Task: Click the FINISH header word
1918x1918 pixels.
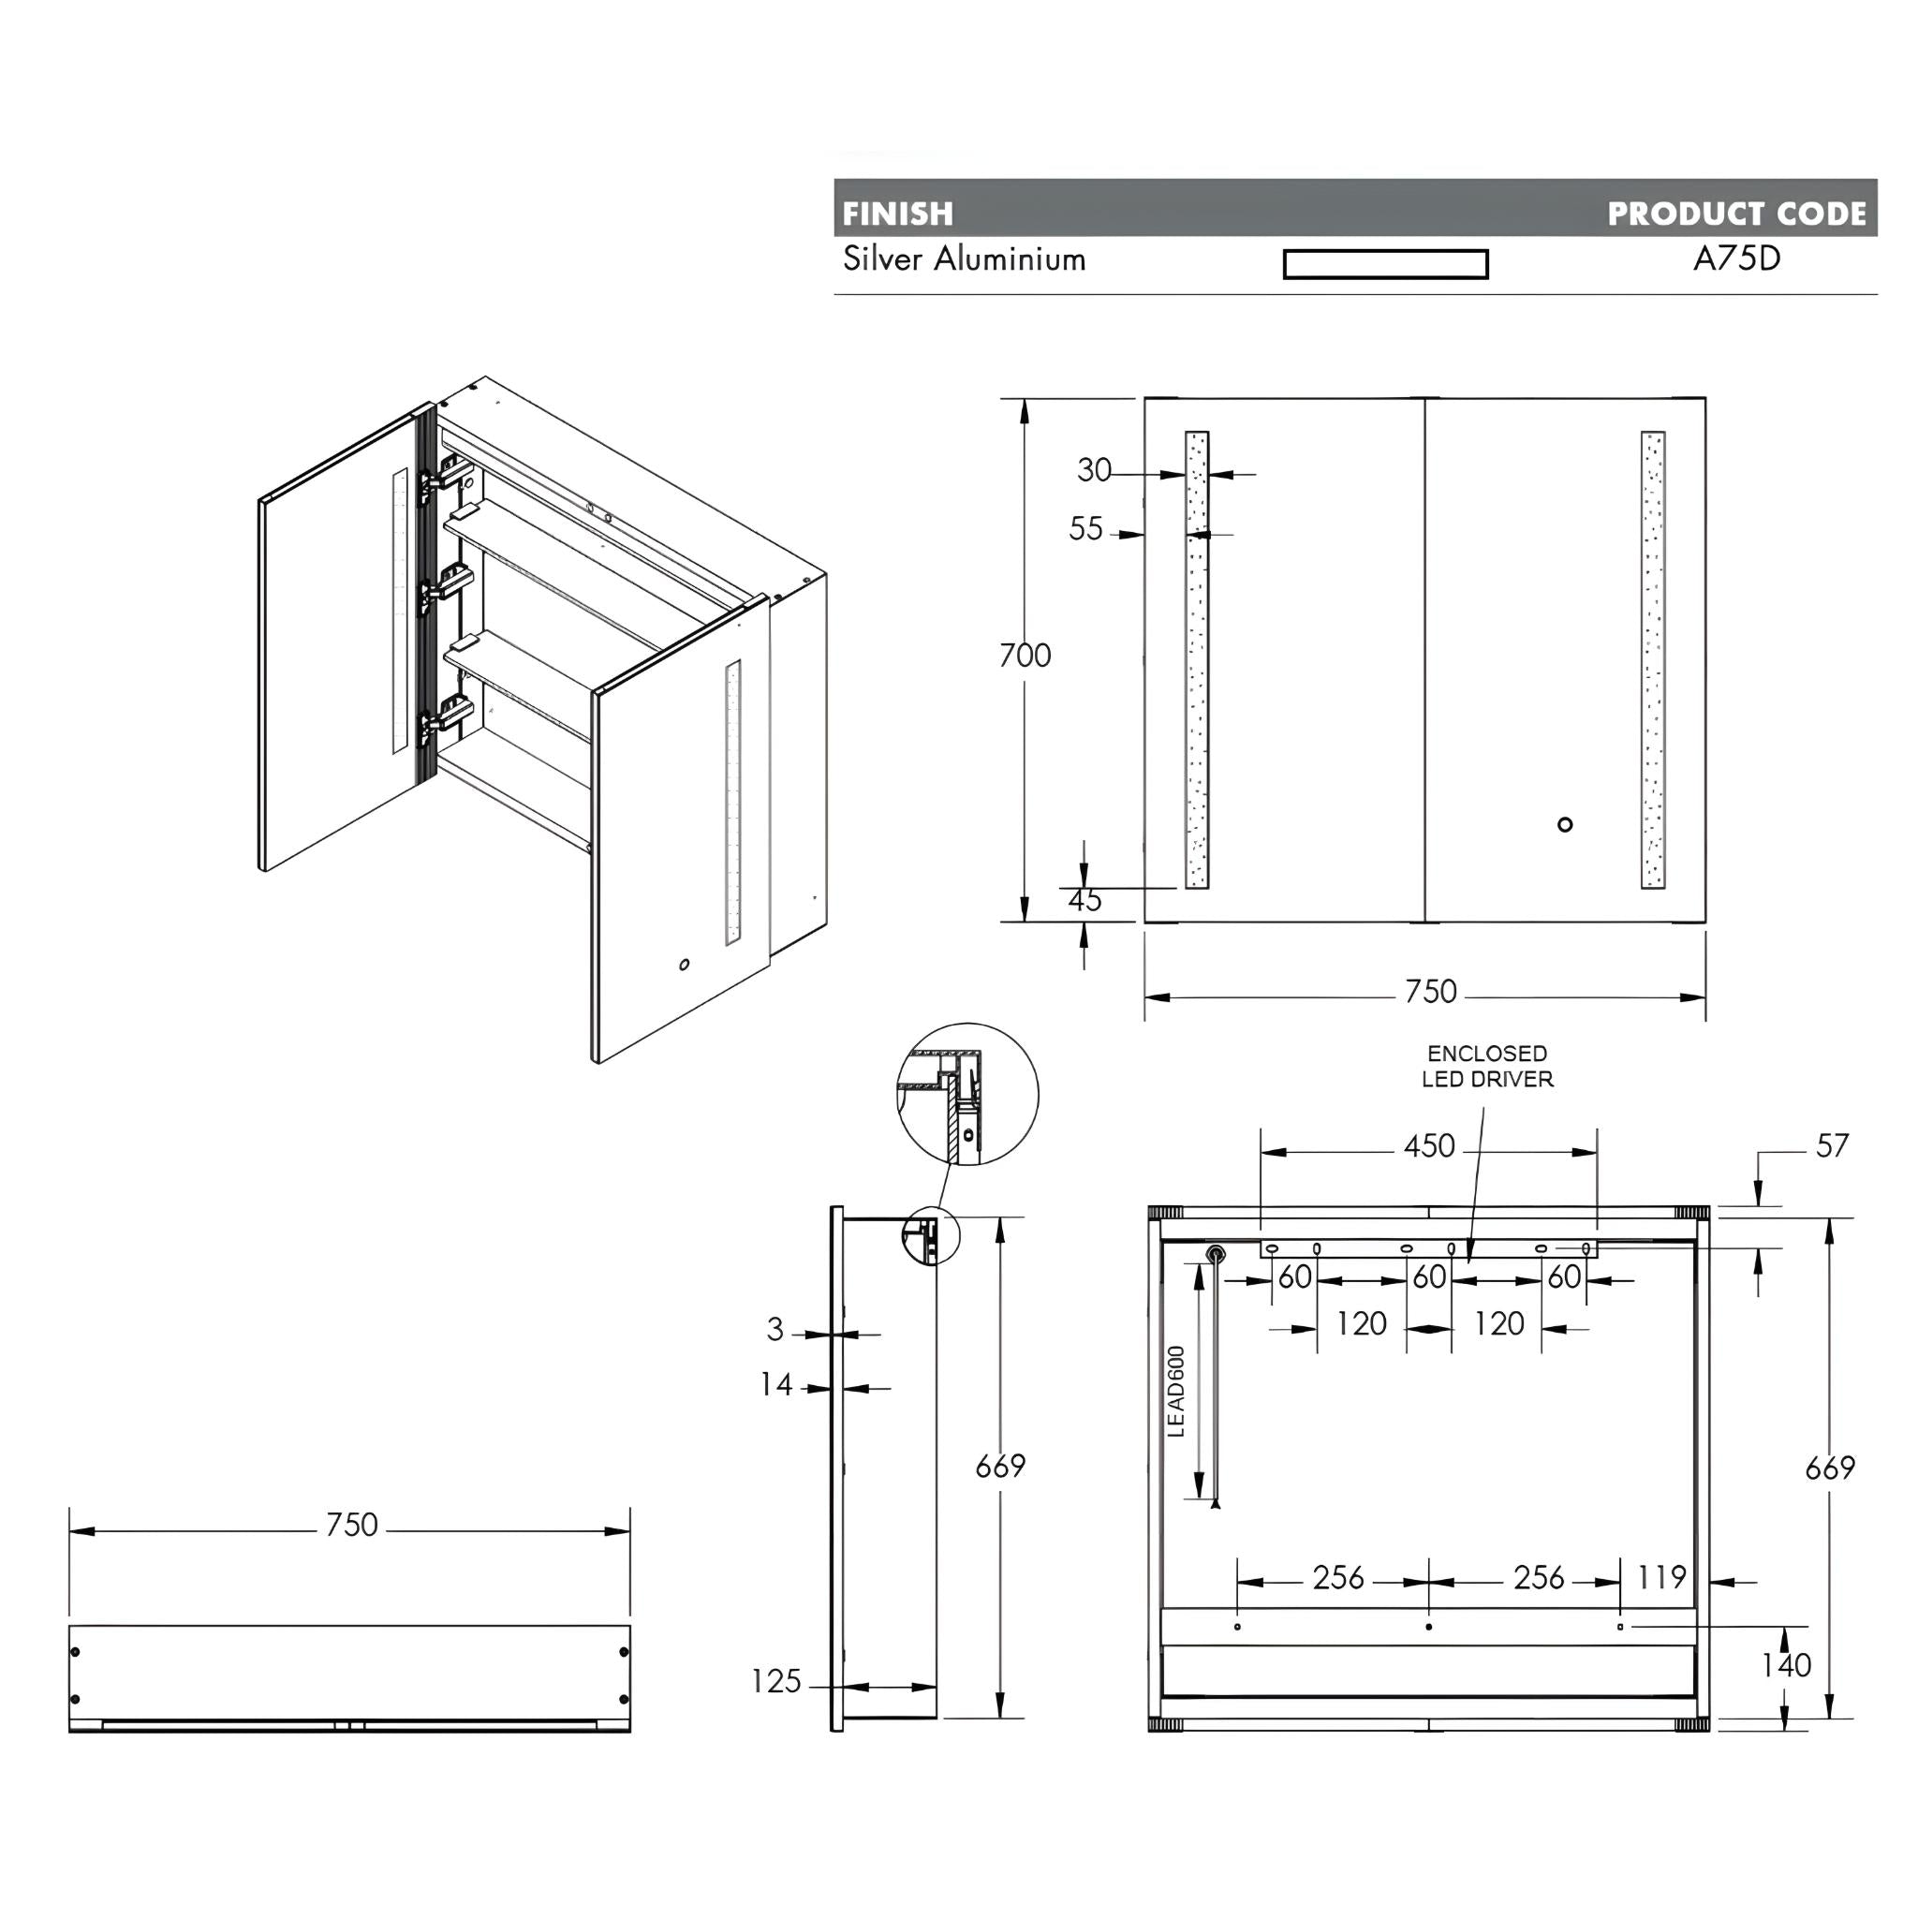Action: (x=897, y=214)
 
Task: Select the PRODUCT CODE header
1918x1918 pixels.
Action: (x=1736, y=214)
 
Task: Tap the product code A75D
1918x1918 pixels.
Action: (x=1736, y=259)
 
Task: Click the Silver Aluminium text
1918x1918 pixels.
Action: (x=964, y=260)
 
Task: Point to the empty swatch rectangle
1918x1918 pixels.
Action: (x=1385, y=264)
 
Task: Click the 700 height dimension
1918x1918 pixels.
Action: (x=1025, y=656)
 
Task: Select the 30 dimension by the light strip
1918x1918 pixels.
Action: (x=1094, y=469)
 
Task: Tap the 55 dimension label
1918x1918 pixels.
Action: (x=1086, y=529)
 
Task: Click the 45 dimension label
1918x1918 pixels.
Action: (x=1084, y=900)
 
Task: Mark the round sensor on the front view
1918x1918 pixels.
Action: (x=1565, y=824)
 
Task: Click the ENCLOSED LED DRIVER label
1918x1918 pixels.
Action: (x=1487, y=1066)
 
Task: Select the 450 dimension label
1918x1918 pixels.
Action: (x=1428, y=1146)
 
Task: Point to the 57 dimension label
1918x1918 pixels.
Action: (x=1832, y=1146)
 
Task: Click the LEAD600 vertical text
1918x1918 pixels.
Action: (x=1177, y=1391)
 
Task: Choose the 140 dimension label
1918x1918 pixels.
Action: (x=1786, y=1665)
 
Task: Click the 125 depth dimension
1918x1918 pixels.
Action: (x=775, y=1682)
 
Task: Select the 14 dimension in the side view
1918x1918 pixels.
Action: (x=776, y=1384)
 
